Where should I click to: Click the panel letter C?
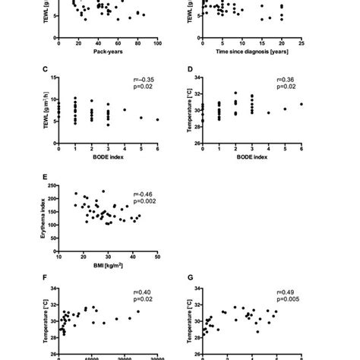point(45,71)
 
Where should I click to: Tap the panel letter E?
point(45,179)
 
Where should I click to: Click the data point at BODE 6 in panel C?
point(156,119)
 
